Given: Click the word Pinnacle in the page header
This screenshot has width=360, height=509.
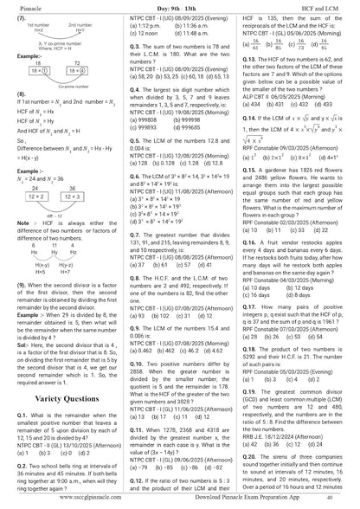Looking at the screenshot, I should [x=21, y=6].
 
